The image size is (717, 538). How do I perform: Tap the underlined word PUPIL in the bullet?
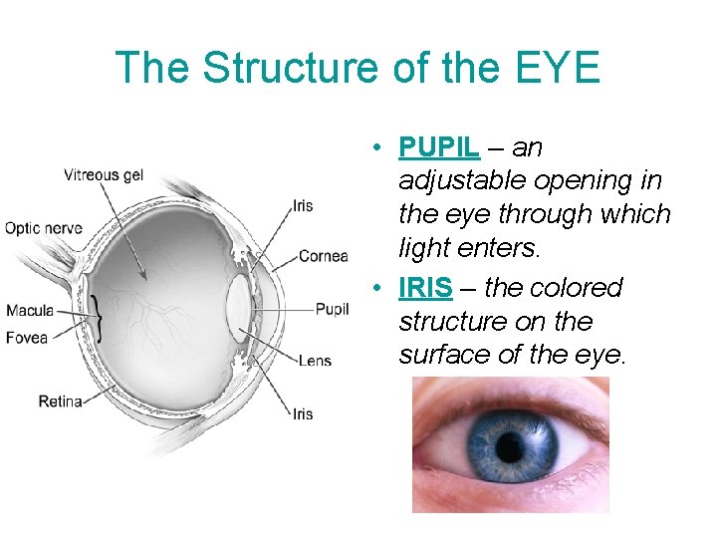coord(439,147)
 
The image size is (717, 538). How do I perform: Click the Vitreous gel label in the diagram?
coord(104,175)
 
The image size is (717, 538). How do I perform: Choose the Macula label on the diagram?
coord(30,310)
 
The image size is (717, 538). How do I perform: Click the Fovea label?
coord(27,337)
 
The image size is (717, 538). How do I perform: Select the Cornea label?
coord(323,256)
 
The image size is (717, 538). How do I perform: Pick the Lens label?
coord(315,360)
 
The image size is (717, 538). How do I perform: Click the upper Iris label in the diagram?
coord(302,206)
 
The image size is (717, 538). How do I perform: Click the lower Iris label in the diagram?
coord(302,413)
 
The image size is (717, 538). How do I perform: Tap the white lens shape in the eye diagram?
coord(239,309)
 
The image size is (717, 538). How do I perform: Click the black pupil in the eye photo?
coord(510,444)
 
